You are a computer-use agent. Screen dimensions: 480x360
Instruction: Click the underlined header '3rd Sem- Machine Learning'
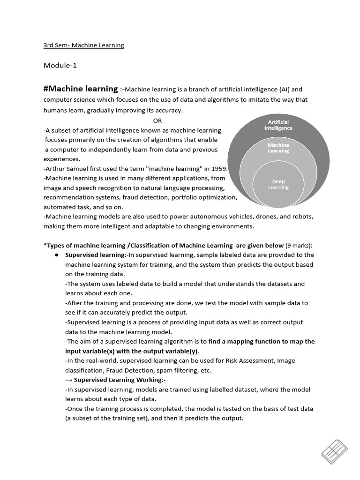pyautogui.click(x=84, y=45)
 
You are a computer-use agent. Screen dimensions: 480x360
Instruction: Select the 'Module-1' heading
pyautogui.click(x=60, y=65)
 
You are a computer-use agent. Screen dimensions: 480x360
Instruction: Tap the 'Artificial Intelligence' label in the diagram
pyautogui.click(x=278, y=125)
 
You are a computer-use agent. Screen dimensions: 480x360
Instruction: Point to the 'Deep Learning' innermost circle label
pyautogui.click(x=278, y=184)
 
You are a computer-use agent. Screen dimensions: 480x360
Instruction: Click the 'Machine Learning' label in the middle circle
pyautogui.click(x=278, y=148)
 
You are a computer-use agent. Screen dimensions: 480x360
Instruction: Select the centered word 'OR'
pyautogui.click(x=157, y=120)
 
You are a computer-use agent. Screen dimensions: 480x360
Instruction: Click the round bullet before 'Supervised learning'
pyautogui.click(x=56, y=255)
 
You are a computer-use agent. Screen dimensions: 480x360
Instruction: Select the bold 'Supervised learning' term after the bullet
pyautogui.click(x=95, y=255)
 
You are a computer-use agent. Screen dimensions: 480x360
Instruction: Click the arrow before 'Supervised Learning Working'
pyautogui.click(x=68, y=380)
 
